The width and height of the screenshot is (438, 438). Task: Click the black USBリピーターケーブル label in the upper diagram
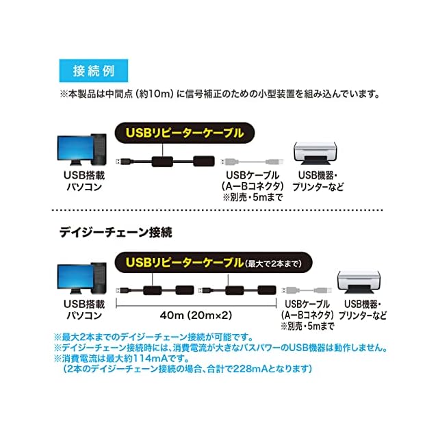[x=186, y=132]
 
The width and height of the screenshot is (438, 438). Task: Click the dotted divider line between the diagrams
[x=219, y=211]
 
